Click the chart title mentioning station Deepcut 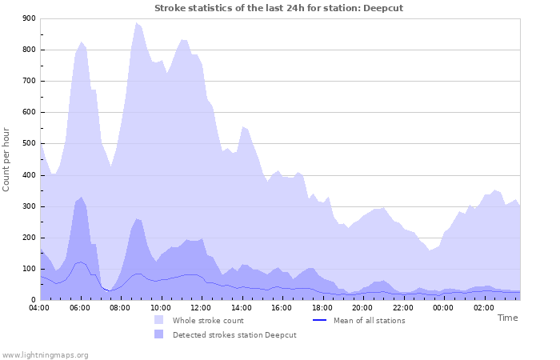[x=279, y=8]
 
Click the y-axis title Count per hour [x=7, y=158]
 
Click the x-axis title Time [x=507, y=318]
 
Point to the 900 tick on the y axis [x=29, y=18]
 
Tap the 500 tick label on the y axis [x=29, y=144]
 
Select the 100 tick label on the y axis [x=29, y=269]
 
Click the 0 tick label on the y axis [x=33, y=300]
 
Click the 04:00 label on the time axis [x=40, y=307]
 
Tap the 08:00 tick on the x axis [x=120, y=307]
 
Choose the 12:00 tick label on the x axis [x=201, y=307]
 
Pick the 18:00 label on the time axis [x=321, y=307]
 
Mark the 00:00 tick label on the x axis [x=442, y=307]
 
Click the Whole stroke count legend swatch [x=160, y=320]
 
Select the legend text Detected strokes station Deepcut [x=234, y=334]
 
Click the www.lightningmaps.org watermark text [x=45, y=354]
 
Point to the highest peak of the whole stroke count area [x=136, y=23]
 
